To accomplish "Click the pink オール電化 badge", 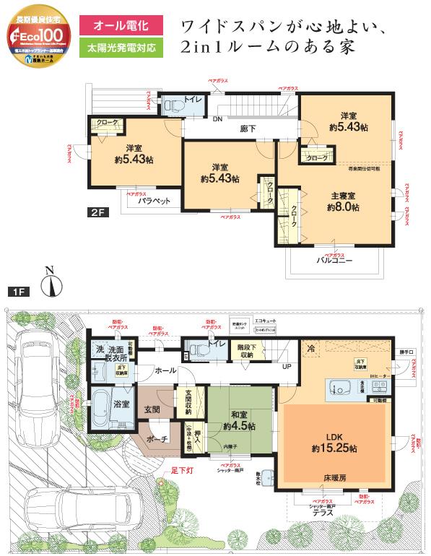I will point(119,26).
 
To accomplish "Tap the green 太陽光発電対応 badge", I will point(119,49).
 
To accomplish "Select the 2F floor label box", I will point(99,212).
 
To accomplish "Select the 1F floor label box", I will point(19,291).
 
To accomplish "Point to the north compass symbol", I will point(50,283).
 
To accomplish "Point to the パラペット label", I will point(154,201).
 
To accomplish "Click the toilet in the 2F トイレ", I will point(172,105).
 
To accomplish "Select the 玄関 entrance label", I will point(152,409).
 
